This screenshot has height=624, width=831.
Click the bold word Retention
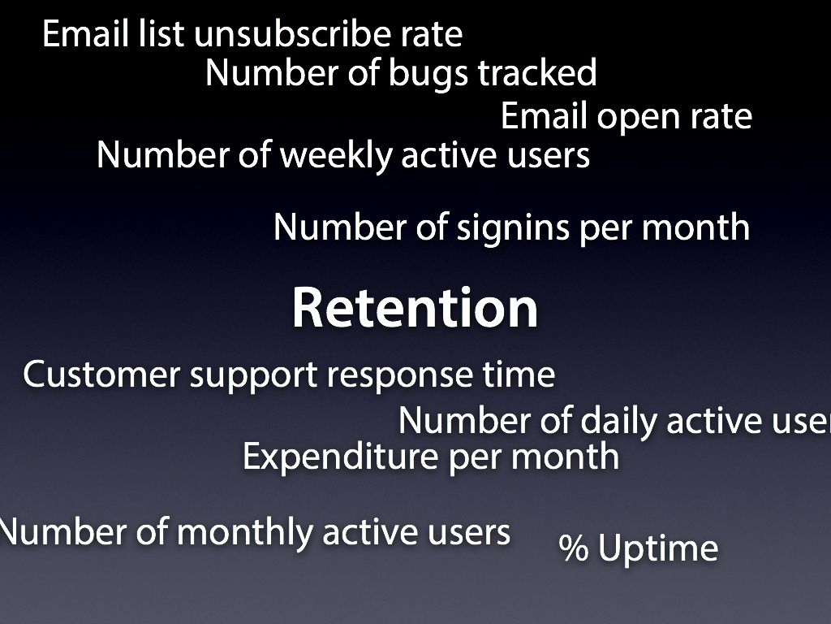click(x=415, y=308)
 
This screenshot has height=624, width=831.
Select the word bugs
click(x=428, y=74)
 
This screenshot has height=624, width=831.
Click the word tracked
click(x=537, y=72)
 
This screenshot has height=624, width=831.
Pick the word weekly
click(x=336, y=157)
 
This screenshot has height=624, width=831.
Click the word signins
click(x=513, y=228)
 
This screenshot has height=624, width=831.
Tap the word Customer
click(x=101, y=374)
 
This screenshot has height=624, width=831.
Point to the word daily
click(x=619, y=422)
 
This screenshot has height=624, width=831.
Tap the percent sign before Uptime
click(x=574, y=548)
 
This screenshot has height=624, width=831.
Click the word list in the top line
click(x=161, y=33)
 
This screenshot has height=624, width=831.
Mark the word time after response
click(x=519, y=374)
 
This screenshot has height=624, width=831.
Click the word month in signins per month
click(x=695, y=227)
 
